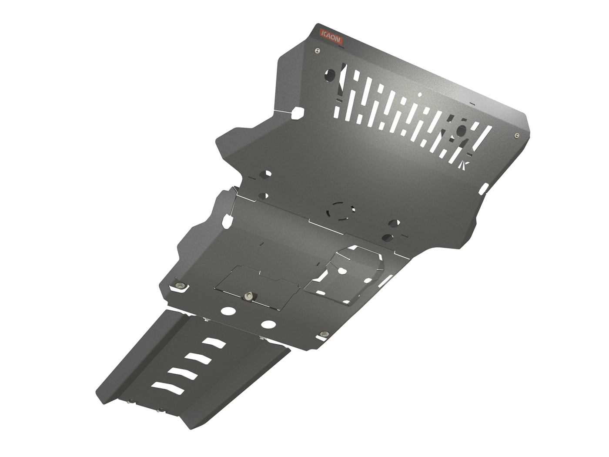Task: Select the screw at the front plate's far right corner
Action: click(516, 135)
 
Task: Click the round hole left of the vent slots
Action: click(331, 76)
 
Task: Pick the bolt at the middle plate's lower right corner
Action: click(323, 334)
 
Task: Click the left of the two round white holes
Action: click(228, 311)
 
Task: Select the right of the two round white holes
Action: click(268, 324)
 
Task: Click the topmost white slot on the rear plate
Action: click(214, 343)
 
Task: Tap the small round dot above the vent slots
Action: click(420, 94)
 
